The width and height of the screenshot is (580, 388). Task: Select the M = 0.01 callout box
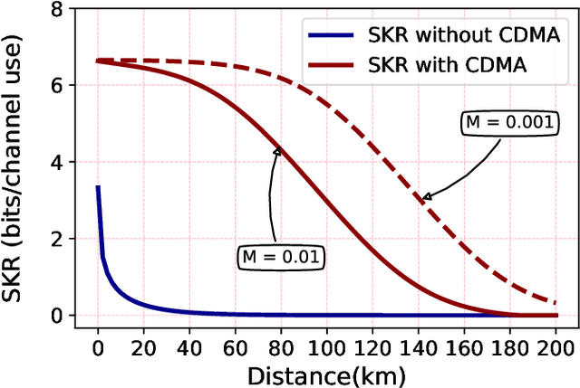point(281,257)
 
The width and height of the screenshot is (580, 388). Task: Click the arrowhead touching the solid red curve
point(276,151)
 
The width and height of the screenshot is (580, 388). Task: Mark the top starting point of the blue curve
point(98,187)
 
